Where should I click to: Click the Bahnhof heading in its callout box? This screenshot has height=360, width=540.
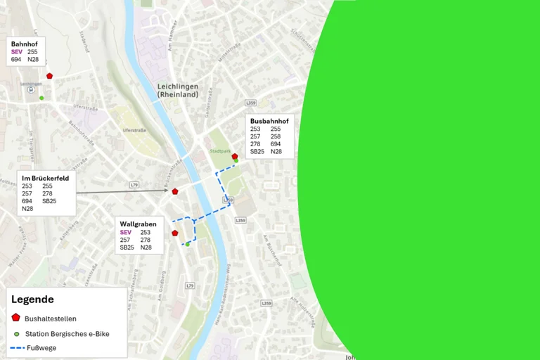tap(24, 44)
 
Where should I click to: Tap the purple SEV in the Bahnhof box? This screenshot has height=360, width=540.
tap(17, 52)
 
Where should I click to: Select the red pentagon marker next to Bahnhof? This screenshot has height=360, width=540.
tap(49, 76)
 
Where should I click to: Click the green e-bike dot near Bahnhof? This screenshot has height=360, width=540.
tap(41, 98)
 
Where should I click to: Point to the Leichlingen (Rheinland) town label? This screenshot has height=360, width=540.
tap(178, 91)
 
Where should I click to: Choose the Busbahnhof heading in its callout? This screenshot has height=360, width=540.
tap(269, 121)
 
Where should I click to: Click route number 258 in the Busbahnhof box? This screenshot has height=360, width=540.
tap(276, 136)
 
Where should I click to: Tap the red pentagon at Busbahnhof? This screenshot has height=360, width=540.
tap(235, 156)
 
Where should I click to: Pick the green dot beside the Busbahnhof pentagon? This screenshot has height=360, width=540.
tap(236, 161)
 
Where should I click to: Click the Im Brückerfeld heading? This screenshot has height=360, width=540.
tap(45, 178)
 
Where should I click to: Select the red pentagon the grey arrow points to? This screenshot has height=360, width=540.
tap(175, 191)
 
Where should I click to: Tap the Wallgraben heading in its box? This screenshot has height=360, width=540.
tap(138, 224)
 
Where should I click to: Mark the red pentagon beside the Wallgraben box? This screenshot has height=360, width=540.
tap(175, 233)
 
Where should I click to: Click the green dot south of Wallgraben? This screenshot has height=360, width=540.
tap(187, 244)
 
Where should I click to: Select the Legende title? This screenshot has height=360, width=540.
tap(32, 299)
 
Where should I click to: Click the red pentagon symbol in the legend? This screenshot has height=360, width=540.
tap(16, 318)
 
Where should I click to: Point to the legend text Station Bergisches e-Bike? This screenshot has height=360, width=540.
tap(67, 334)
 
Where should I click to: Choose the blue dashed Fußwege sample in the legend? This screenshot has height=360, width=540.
tap(17, 348)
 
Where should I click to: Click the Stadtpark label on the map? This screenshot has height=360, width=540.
tap(220, 151)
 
